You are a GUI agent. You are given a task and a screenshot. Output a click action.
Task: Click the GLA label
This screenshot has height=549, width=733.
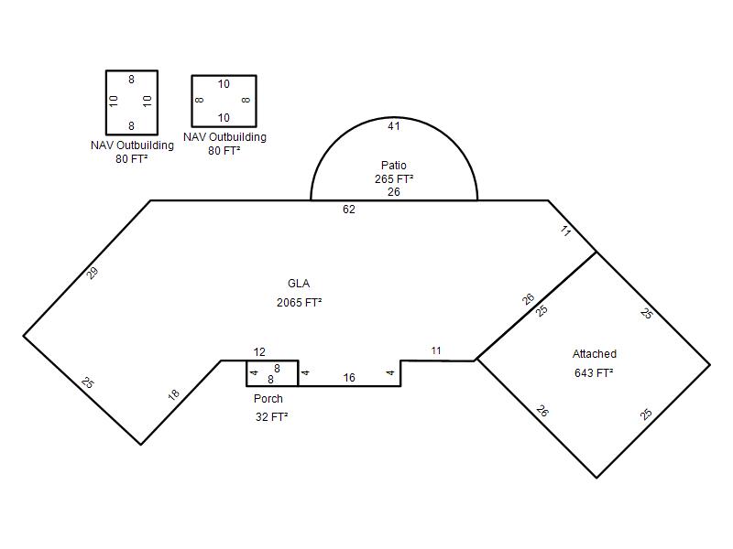coord(299,284)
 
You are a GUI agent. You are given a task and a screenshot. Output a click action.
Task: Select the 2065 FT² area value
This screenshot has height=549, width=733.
coord(300,303)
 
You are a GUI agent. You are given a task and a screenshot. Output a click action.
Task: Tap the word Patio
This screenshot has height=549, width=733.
coord(394,166)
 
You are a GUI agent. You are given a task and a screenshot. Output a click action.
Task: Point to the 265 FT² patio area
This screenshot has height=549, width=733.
coord(394,178)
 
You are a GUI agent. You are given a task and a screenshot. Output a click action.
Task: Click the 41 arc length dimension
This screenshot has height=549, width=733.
coord(394,126)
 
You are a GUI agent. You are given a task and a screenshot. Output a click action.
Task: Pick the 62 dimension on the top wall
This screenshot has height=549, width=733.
coord(349,210)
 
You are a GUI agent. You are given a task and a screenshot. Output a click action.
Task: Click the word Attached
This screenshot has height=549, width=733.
coord(594,354)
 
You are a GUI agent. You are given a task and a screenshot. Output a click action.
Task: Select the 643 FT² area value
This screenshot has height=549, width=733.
coord(594,372)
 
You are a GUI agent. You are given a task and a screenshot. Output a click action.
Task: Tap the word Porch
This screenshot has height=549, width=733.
coord(268,399)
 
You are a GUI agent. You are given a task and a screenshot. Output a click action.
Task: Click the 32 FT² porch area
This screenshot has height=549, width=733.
coord(271,417)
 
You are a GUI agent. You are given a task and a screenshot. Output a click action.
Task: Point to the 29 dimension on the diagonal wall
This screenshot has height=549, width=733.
coord(93,273)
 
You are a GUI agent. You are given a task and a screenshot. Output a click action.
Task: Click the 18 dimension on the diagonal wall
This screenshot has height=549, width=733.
coord(173,395)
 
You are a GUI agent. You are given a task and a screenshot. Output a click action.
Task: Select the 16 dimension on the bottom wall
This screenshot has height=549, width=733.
coord(349,378)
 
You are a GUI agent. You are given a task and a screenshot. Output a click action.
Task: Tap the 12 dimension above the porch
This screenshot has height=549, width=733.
coord(259,352)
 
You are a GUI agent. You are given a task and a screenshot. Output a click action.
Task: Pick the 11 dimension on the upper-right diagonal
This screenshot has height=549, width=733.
coord(565,231)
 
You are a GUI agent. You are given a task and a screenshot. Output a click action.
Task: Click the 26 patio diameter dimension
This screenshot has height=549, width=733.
coord(394,192)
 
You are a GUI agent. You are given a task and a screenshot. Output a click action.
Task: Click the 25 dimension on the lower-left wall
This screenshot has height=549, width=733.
coord(87,382)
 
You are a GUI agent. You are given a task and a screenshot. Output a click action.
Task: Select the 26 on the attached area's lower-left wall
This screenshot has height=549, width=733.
coord(542,411)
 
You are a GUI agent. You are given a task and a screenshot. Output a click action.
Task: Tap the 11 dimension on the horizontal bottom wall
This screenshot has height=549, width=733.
coord(436,350)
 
